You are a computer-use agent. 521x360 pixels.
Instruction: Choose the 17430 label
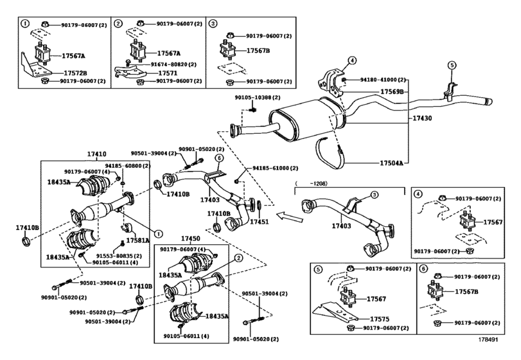coord(420,119)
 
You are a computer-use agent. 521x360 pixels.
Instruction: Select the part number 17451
coord(259,221)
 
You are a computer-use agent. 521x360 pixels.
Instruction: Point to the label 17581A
coord(137,240)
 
